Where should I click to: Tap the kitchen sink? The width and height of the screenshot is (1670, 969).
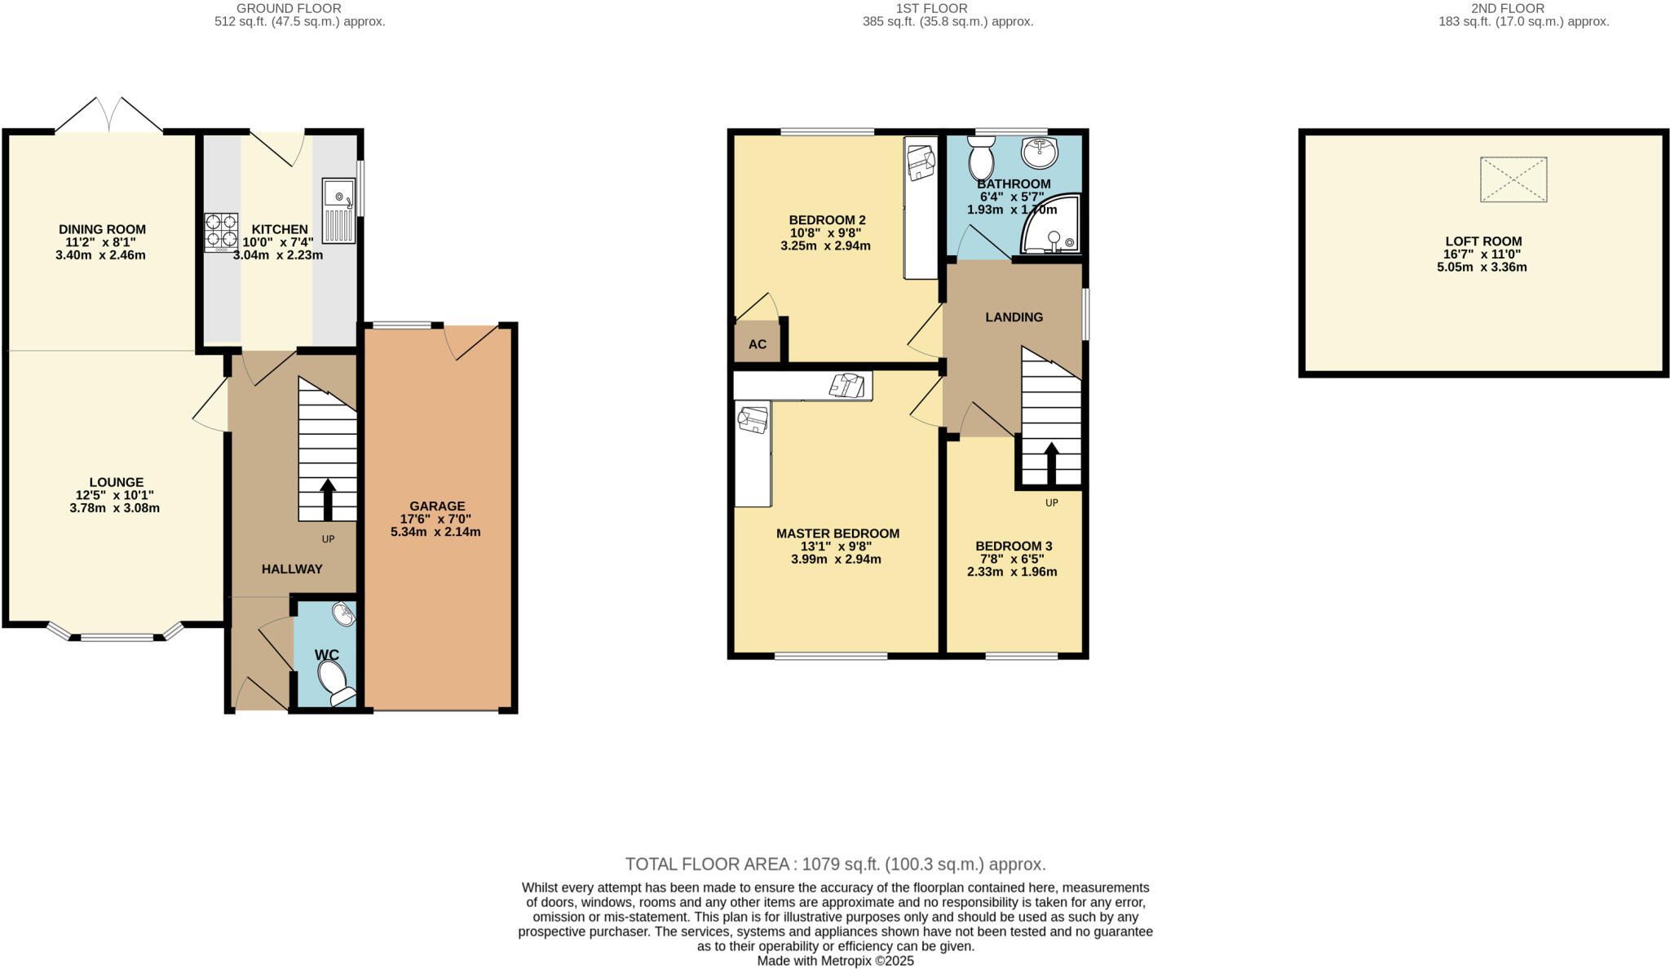coord(338,210)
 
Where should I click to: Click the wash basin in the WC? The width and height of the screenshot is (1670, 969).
coord(344,615)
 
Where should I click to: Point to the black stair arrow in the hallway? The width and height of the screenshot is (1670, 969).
coord(328,499)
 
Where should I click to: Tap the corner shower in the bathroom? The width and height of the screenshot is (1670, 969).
coord(1053,224)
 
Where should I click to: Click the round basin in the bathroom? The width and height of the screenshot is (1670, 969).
coord(1039,152)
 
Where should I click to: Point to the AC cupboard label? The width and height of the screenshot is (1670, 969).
coord(758,344)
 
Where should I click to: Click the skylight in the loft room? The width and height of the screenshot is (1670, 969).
coord(1513,179)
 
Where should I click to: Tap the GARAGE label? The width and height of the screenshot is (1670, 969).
coord(437,506)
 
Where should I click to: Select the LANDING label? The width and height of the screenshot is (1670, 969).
coord(1014,317)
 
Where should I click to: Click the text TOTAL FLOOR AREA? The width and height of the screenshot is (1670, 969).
coord(706,864)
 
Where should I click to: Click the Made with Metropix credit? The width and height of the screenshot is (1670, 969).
coord(835,961)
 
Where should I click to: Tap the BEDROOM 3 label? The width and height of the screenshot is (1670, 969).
coord(1014,546)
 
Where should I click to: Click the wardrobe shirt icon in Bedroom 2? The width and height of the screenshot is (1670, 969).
coord(921,161)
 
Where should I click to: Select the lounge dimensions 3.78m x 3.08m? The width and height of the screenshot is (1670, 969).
coord(115,508)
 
